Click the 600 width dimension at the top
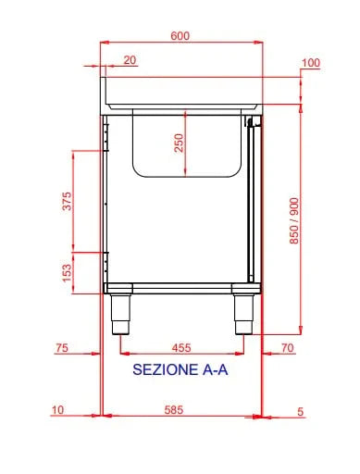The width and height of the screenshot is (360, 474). (180, 36)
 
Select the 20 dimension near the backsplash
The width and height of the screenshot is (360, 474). (130, 60)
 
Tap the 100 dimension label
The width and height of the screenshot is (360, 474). (311, 63)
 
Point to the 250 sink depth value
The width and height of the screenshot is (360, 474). (179, 143)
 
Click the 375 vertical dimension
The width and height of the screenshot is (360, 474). (67, 201)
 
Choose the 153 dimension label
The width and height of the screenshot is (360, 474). (67, 273)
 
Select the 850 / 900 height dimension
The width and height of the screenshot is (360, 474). (294, 221)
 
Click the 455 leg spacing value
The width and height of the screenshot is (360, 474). (181, 348)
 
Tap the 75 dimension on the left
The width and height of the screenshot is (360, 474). (62, 348)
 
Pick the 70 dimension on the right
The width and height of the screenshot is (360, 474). (288, 348)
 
